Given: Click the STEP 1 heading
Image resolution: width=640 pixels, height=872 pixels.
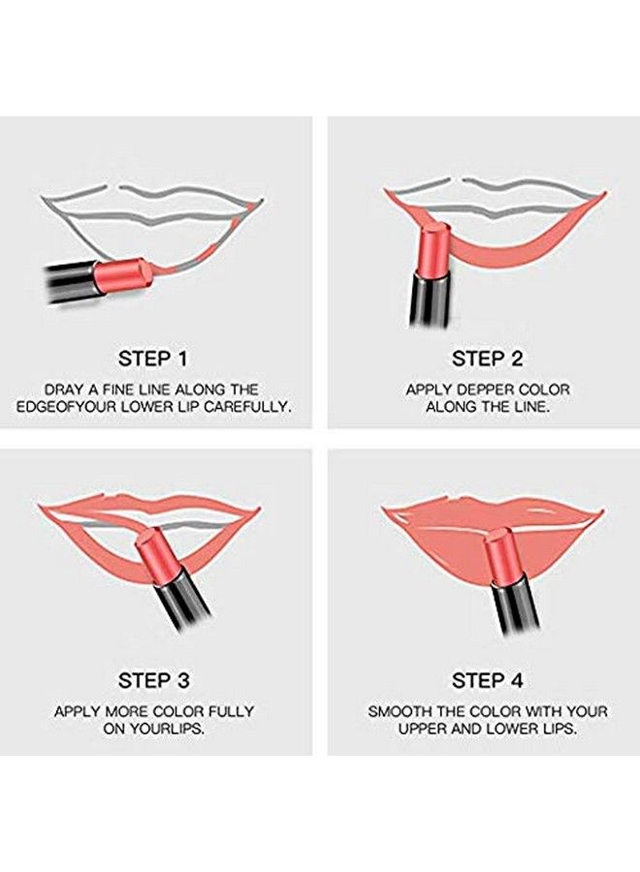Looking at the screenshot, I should (x=153, y=358).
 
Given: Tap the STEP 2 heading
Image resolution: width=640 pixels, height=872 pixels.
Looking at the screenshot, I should (x=487, y=358).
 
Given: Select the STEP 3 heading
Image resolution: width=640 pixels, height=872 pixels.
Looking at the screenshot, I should (x=153, y=679).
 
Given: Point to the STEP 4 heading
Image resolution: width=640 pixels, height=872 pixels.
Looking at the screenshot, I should (x=487, y=679).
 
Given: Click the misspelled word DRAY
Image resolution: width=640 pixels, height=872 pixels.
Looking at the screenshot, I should (x=66, y=389).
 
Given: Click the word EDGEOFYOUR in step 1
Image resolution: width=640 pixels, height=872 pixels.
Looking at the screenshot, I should (x=60, y=407).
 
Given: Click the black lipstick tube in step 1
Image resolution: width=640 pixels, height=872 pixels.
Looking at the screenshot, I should (x=68, y=282).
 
